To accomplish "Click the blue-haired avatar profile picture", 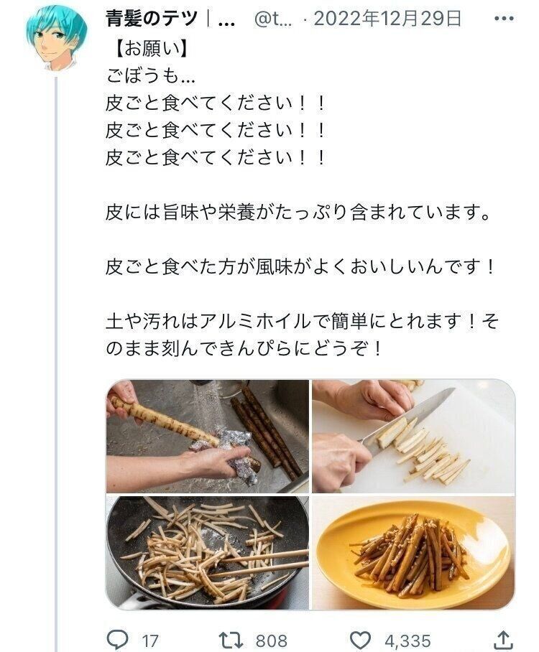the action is pos(57,38).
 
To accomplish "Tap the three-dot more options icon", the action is pos(504,19).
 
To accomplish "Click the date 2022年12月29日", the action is pos(387,19).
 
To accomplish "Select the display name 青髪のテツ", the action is pos(152,19).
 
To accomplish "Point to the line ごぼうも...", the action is pos(149,76).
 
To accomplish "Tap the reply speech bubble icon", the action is pos(117,640).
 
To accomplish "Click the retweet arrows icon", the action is pos(230,640).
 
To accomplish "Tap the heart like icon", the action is pos(359,640).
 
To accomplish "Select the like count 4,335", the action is pos(407,641).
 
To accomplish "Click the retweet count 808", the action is pos(272,641).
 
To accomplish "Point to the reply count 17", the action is pos(150,641).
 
